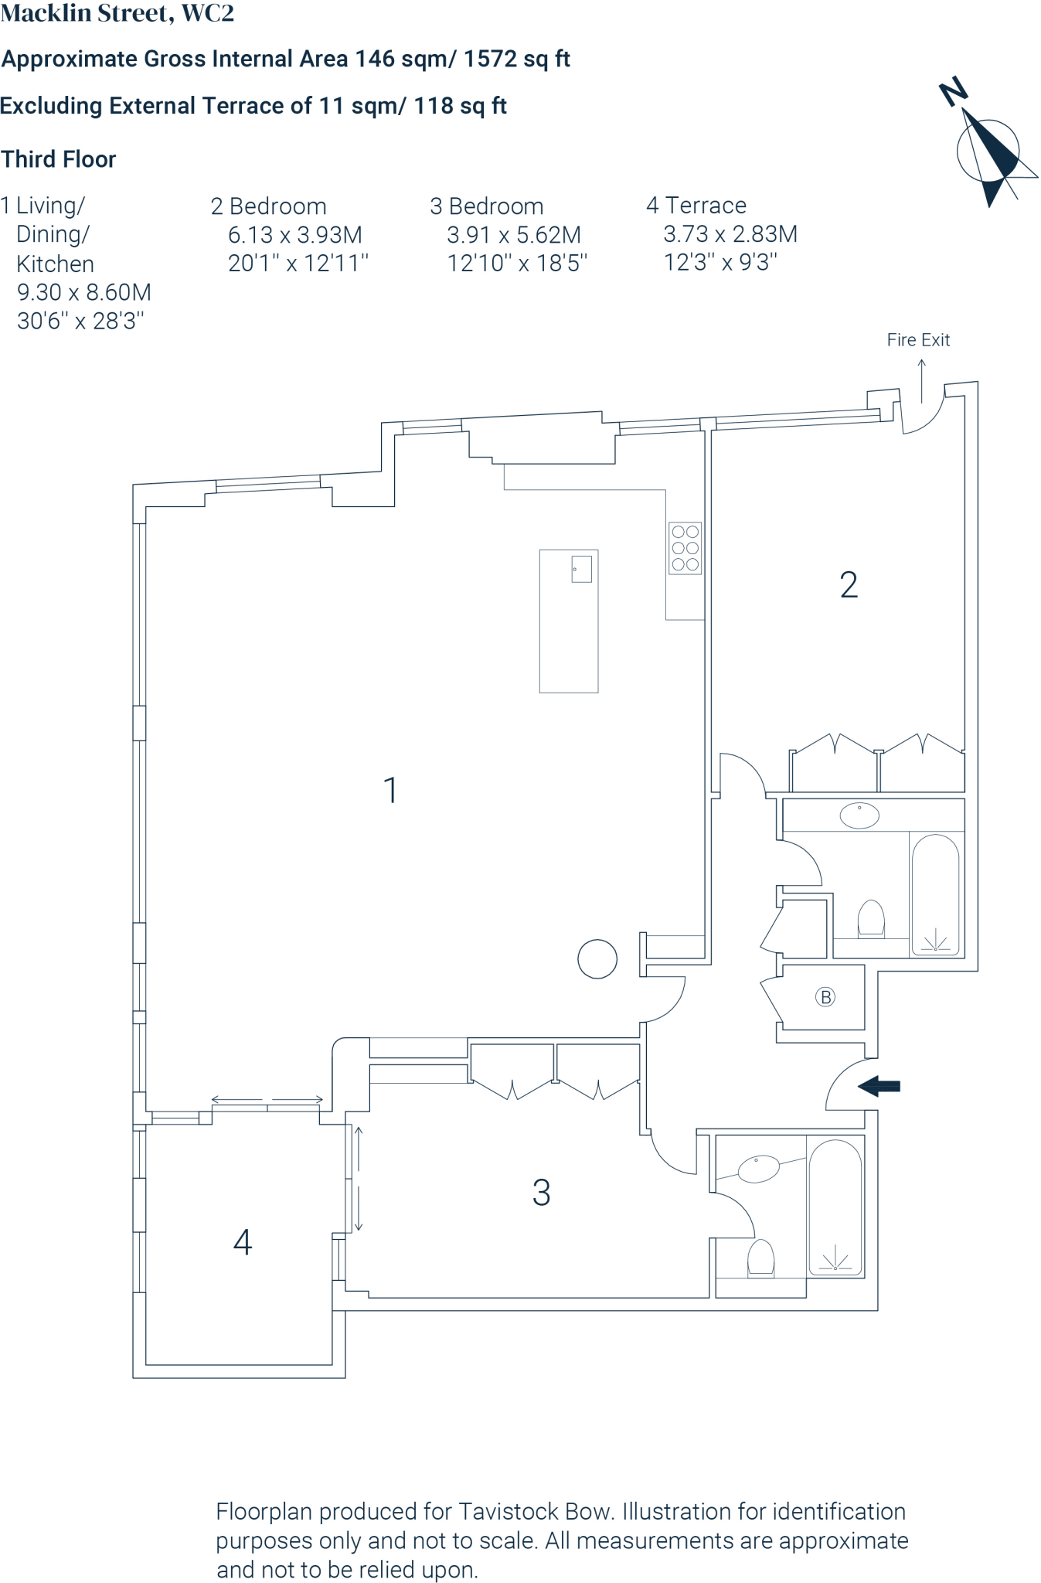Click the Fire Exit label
(x=918, y=339)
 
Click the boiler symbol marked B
(x=825, y=997)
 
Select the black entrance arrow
(x=879, y=1086)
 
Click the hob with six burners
(x=685, y=548)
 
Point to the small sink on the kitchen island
(x=581, y=569)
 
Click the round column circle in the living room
(x=597, y=958)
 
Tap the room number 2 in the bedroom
(x=849, y=585)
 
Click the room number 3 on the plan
(x=541, y=1193)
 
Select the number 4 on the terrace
(x=243, y=1242)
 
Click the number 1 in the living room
(x=390, y=791)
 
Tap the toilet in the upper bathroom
(x=871, y=919)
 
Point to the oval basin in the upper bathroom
(x=859, y=815)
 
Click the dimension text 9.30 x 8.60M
(x=83, y=292)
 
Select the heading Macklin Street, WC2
(x=117, y=13)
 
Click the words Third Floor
(x=59, y=159)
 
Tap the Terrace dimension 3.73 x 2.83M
(x=730, y=234)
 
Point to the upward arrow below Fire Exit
(x=921, y=380)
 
